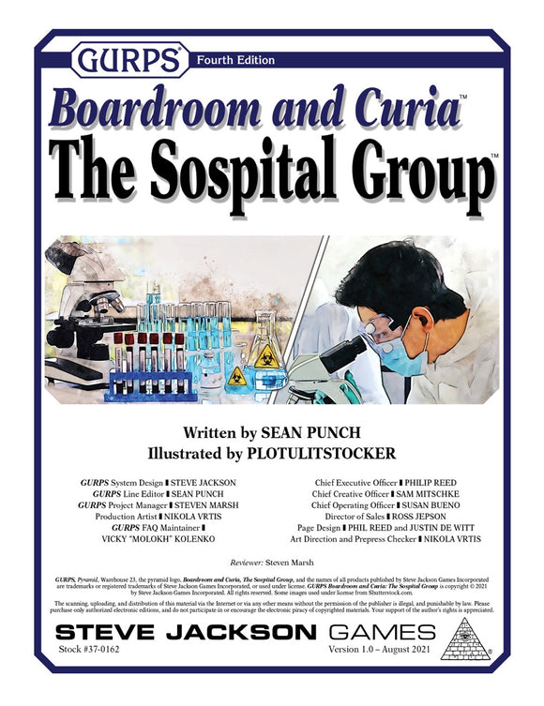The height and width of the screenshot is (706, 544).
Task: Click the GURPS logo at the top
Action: [128, 60]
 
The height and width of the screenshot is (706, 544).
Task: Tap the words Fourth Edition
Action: [235, 60]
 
